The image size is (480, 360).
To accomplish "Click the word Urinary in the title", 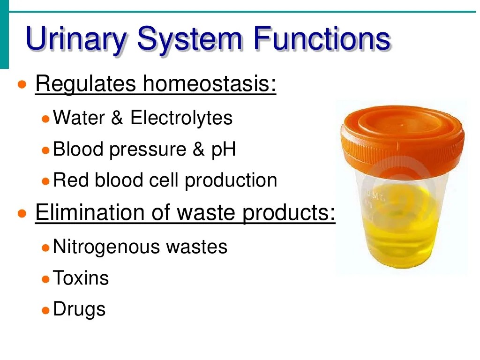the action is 76,40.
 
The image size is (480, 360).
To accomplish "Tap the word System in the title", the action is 190,40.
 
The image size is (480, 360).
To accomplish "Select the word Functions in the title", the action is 322,38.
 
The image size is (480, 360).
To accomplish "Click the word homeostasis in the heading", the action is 210,83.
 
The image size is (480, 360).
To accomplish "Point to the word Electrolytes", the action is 181,118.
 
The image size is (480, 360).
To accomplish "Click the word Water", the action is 79,118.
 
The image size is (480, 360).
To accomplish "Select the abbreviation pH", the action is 224,150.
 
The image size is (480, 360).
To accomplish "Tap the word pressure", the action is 148,150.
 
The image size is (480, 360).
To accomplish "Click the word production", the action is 231,180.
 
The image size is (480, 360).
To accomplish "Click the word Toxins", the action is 81,278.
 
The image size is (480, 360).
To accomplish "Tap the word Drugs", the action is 79,309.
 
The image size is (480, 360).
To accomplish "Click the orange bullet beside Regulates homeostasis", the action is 22,84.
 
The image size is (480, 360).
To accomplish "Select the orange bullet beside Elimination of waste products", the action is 22,213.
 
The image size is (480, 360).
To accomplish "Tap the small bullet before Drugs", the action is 45,311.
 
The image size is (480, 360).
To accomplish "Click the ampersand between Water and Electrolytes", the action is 117,118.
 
